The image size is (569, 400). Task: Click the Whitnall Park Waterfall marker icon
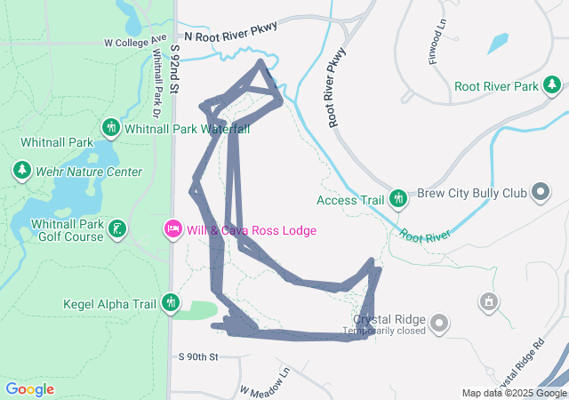[x=112, y=128]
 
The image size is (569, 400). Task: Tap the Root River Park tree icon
[x=552, y=85]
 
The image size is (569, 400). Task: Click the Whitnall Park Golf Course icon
[x=116, y=230]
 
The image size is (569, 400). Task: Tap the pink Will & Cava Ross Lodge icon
[x=173, y=229]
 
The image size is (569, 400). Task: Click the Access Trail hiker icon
[x=398, y=199]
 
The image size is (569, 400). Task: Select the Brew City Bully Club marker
[x=540, y=192]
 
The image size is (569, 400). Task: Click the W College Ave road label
[x=135, y=42]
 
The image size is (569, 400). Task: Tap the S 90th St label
[x=197, y=356]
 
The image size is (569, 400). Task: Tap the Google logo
[x=29, y=389]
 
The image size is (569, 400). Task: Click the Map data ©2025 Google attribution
[x=514, y=393]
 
